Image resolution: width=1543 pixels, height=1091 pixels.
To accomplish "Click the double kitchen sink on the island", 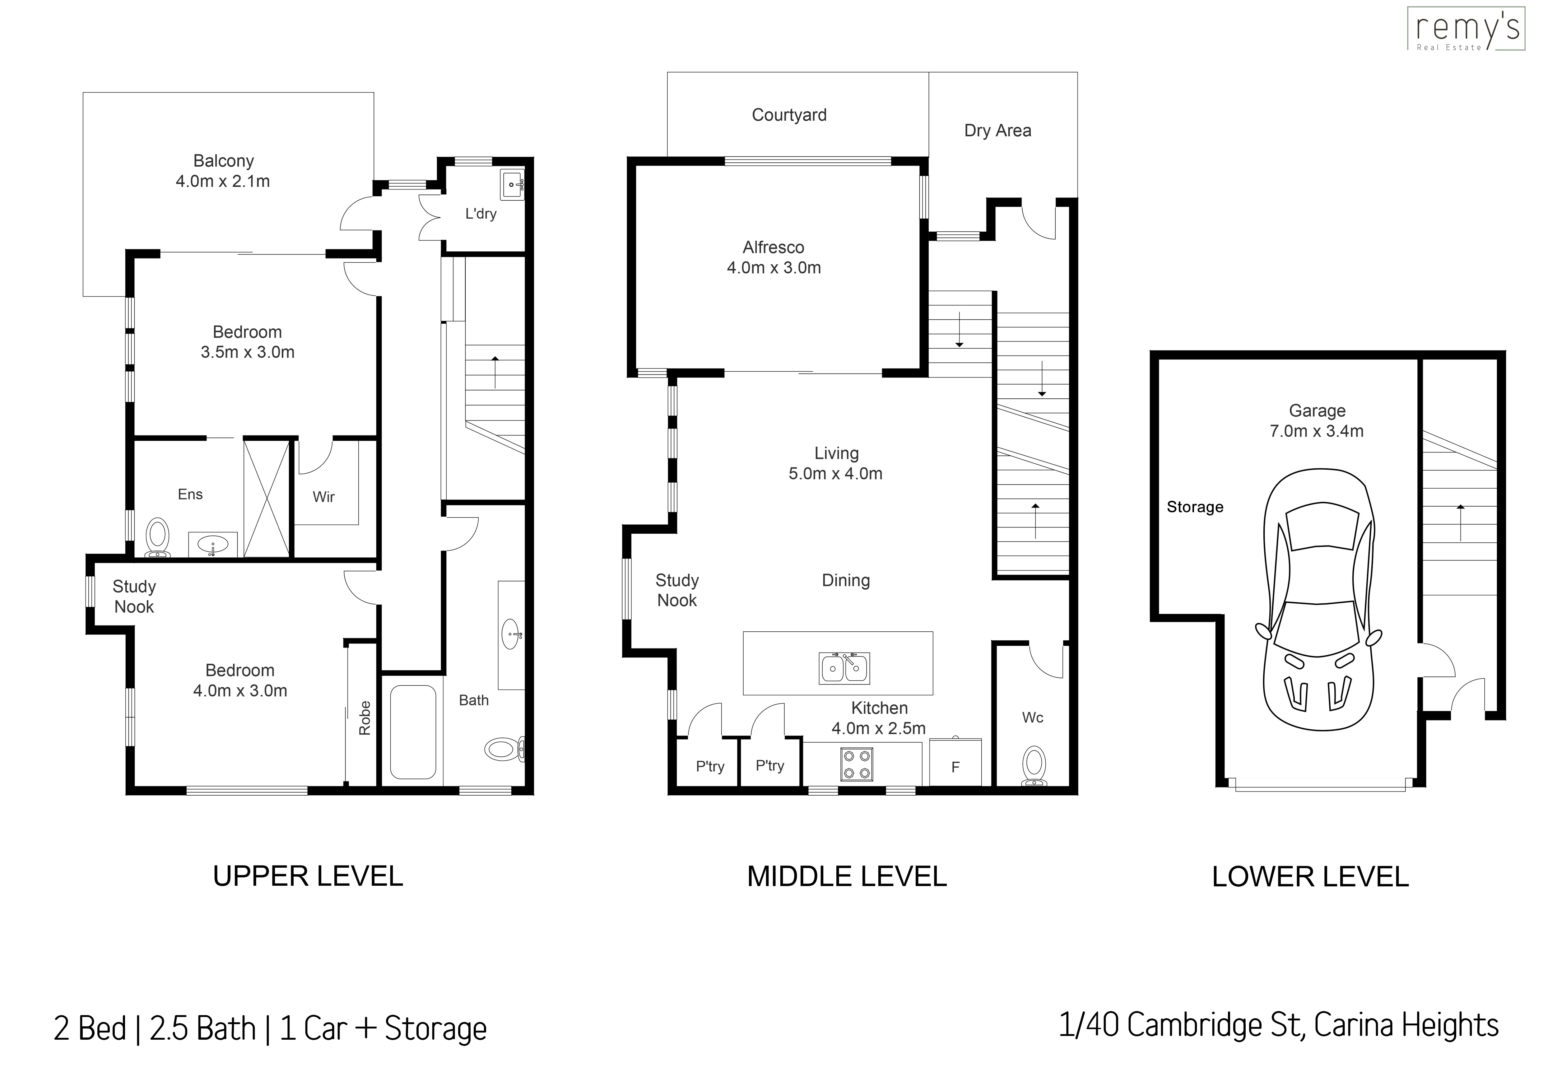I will tap(844, 668).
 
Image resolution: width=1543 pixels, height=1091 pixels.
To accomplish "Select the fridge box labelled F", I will tap(955, 763).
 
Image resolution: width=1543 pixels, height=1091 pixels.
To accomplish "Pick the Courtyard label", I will tap(789, 115).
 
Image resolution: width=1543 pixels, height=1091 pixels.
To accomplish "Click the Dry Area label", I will tap(997, 130).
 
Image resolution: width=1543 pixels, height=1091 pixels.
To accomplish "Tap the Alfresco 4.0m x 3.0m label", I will tap(774, 257).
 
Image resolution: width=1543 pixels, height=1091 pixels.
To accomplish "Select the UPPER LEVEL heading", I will tap(308, 876).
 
